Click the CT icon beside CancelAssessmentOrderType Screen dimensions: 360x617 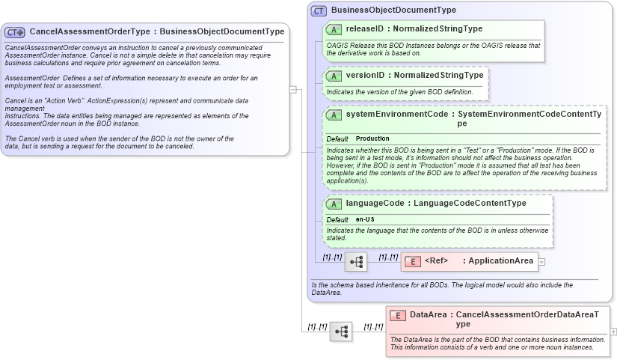point(15,32)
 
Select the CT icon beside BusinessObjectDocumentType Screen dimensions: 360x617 point(319,10)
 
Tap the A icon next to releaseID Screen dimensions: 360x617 point(334,29)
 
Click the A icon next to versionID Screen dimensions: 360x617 point(334,76)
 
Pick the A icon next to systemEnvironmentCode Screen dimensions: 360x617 point(334,115)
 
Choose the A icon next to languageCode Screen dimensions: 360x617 point(334,204)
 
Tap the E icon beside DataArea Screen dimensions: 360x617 point(398,315)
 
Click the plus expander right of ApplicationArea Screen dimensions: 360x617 point(541,262)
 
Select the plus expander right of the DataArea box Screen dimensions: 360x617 point(613,331)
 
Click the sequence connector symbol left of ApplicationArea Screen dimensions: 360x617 point(356,262)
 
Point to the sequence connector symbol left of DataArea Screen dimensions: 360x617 point(341,332)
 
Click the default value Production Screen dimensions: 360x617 point(372,139)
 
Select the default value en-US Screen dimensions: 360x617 point(365,219)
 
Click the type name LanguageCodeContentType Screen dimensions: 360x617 point(470,204)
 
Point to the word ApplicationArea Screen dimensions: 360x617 point(500,260)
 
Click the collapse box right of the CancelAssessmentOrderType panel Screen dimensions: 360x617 point(293,89)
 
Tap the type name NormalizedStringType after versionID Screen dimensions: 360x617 point(438,76)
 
